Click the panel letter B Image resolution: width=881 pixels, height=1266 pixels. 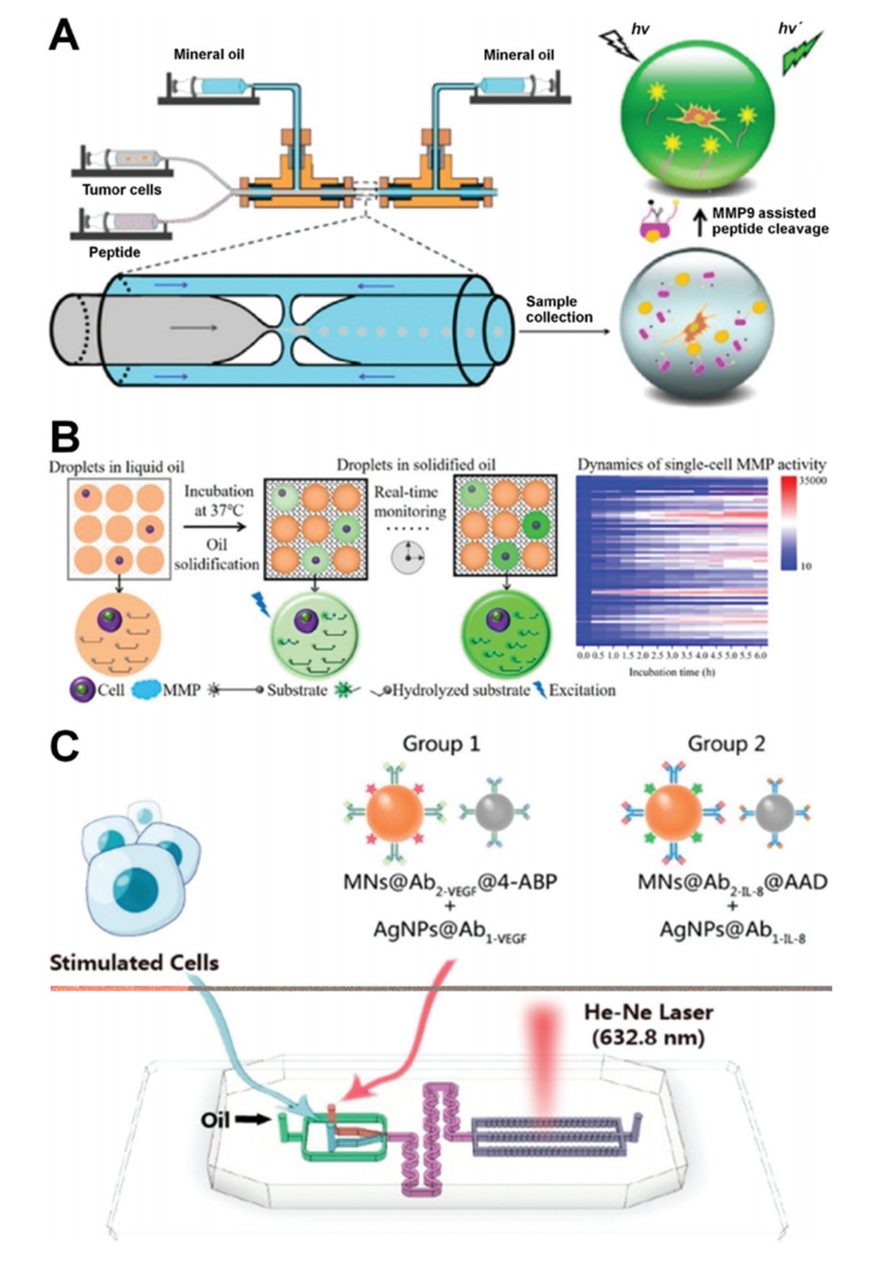(65, 436)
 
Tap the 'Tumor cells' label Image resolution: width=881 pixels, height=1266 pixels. (121, 190)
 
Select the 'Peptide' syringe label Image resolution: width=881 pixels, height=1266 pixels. (114, 252)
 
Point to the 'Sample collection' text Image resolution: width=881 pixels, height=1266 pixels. (558, 309)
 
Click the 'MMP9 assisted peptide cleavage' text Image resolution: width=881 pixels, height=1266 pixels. (769, 221)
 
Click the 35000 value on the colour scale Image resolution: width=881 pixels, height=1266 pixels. (814, 481)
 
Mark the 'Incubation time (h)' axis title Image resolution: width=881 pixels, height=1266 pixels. (672, 672)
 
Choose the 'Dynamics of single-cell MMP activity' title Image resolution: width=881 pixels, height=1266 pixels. (701, 464)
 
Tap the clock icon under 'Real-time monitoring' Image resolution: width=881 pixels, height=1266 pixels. (408, 557)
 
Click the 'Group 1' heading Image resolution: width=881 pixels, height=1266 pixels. (441, 744)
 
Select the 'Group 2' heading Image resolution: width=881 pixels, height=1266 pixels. (726, 744)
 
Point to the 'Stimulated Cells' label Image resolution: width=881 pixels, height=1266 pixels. (134, 962)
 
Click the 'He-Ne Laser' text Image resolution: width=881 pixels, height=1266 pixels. (648, 1012)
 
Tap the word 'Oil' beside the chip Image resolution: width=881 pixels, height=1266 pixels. (215, 1119)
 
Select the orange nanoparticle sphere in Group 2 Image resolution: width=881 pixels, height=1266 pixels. (673, 813)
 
